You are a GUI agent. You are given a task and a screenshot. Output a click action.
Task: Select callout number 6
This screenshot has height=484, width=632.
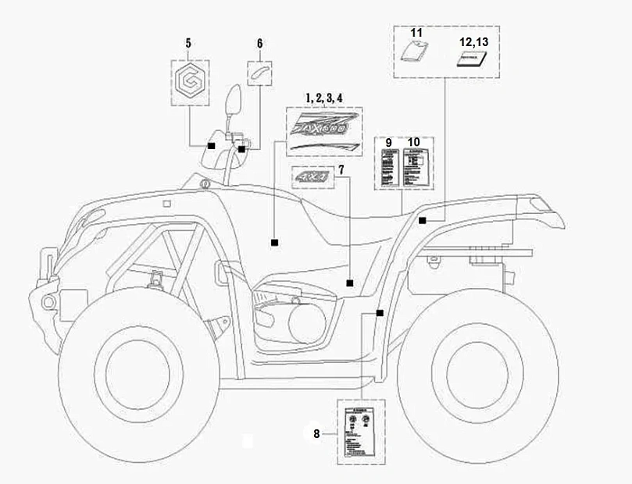tap(260, 44)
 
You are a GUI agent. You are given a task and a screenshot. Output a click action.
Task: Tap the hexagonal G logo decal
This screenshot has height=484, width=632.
tap(187, 79)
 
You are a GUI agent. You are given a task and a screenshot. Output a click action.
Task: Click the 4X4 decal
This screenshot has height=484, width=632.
tap(312, 178)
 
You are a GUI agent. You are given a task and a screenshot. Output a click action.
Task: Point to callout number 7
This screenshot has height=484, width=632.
tap(340, 170)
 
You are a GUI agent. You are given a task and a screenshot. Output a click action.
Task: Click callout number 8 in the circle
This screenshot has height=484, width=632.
tap(317, 434)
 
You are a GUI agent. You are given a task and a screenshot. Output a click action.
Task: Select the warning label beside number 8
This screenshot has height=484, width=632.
tap(360, 432)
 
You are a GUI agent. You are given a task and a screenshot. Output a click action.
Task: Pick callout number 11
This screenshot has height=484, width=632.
tap(416, 34)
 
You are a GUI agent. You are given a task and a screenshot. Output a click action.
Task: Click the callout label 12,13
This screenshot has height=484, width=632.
tap(472, 41)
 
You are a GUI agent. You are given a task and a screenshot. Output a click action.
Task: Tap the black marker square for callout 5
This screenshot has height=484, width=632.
tap(211, 145)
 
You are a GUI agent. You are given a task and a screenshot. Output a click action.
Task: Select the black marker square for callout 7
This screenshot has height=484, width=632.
tap(350, 283)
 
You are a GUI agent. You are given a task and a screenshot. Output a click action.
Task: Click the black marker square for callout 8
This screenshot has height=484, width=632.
tap(380, 312)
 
